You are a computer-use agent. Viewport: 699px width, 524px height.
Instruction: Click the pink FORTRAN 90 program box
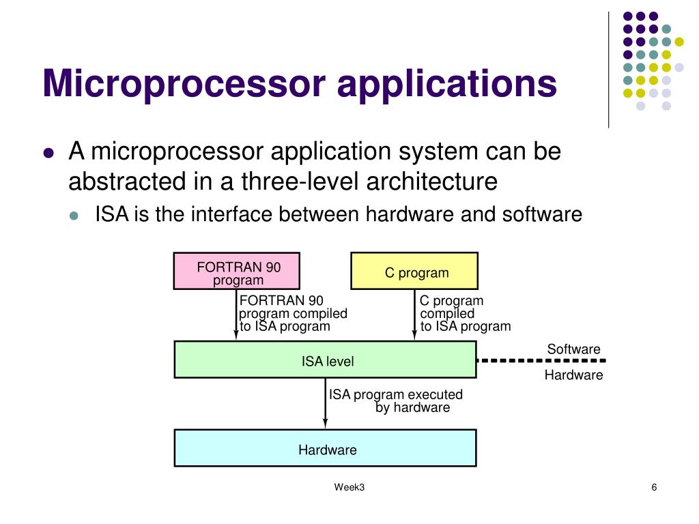pos(238,271)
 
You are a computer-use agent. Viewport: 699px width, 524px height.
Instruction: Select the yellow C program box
pos(414,271)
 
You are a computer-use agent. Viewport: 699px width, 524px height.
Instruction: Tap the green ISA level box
pos(325,360)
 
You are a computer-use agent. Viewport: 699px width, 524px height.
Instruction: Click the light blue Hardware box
pos(325,448)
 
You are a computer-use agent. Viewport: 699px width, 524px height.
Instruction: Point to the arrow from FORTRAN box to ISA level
pos(236,315)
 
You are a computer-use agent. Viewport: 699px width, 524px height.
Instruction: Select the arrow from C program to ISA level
pos(414,315)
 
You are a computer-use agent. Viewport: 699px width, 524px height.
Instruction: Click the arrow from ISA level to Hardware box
pos(326,403)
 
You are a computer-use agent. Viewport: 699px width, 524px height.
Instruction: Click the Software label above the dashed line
pos(573,349)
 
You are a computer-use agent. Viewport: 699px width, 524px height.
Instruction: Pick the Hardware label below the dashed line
pos(573,375)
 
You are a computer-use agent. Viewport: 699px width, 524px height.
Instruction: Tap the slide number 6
pos(654,487)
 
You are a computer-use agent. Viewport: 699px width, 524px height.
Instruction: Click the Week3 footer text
pos(349,487)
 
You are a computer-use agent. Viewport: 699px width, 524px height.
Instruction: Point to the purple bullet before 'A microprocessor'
pos(48,154)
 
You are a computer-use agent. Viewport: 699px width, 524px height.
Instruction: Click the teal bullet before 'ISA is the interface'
pos(75,216)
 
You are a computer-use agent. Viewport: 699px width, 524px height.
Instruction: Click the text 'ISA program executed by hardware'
pos(396,401)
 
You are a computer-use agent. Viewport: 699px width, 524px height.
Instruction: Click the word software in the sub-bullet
pos(542,215)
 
